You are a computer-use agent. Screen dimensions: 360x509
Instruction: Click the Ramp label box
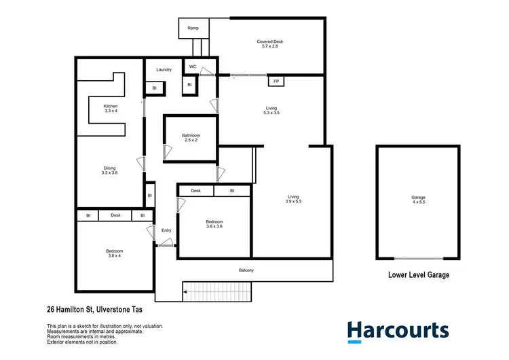193,29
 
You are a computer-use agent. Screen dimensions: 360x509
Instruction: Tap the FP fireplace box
276,82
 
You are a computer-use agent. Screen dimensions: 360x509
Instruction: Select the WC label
193,67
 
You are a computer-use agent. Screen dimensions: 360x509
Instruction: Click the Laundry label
164,69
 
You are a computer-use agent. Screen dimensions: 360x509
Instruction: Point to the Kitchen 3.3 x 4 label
111,109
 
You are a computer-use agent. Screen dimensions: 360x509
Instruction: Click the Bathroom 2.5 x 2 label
191,138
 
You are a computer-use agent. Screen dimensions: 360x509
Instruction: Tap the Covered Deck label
269,44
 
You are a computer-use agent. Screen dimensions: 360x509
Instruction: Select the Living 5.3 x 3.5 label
271,111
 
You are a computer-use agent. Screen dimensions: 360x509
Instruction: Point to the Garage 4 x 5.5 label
418,200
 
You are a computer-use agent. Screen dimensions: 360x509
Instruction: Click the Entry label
166,231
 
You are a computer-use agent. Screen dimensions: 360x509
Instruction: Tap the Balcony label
246,270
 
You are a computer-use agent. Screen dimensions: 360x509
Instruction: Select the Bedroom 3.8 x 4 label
115,253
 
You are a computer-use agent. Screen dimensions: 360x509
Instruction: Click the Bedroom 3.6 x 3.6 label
214,223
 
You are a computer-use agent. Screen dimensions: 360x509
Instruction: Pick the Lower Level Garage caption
418,275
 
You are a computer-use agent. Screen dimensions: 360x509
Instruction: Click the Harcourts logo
398,331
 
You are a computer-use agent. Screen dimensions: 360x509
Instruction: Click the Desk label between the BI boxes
115,215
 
